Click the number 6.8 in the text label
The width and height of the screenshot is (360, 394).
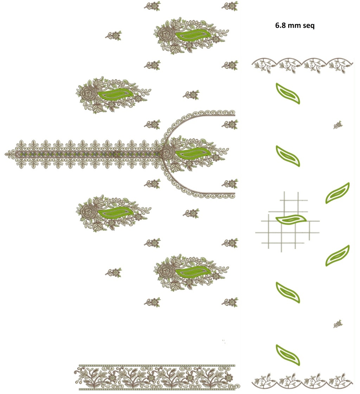point(280,25)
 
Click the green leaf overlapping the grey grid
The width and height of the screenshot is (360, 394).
point(291,219)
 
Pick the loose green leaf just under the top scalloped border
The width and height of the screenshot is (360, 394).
point(288,93)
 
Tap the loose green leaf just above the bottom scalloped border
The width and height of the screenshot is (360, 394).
point(288,355)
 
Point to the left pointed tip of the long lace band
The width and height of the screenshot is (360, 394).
point(5,154)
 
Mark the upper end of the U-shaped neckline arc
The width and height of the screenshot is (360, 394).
point(234,115)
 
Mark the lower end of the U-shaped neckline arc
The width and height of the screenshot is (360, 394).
point(234,193)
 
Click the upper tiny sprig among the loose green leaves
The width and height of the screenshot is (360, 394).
point(338,125)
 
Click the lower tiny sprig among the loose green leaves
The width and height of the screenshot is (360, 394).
point(338,324)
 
